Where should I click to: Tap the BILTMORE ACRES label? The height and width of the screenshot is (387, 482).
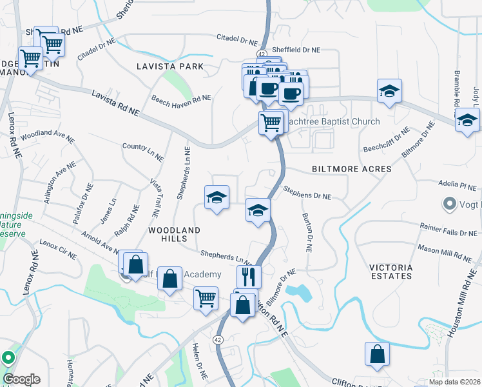(x=352, y=169)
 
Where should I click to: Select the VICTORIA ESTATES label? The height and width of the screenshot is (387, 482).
(x=390, y=272)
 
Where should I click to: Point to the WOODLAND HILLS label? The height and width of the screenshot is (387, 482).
(x=174, y=235)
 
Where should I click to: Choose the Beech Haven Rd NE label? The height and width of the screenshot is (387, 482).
(x=181, y=99)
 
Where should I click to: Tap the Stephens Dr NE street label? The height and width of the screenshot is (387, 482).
(x=307, y=192)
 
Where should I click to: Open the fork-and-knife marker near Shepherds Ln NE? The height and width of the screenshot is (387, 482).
(x=249, y=277)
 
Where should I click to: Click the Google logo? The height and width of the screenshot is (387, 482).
(x=21, y=379)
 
